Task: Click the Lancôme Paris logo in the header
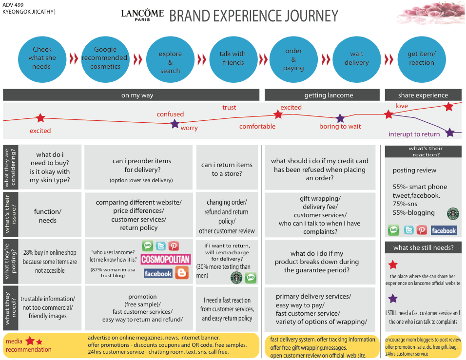(x=142, y=14)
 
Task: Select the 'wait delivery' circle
(x=356, y=58)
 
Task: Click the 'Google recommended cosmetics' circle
(x=105, y=58)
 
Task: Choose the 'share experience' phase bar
(x=423, y=95)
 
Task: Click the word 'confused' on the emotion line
(x=170, y=114)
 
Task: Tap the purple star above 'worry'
(x=175, y=124)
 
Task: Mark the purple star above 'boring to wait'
(x=340, y=118)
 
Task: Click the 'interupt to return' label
(x=414, y=134)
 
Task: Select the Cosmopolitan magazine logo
(x=166, y=259)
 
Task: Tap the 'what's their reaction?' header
(x=423, y=152)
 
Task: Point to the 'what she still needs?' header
(x=423, y=247)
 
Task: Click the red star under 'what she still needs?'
(x=393, y=265)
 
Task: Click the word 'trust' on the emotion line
(x=229, y=107)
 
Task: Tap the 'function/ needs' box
(x=48, y=216)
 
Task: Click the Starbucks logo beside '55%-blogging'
(x=453, y=213)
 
